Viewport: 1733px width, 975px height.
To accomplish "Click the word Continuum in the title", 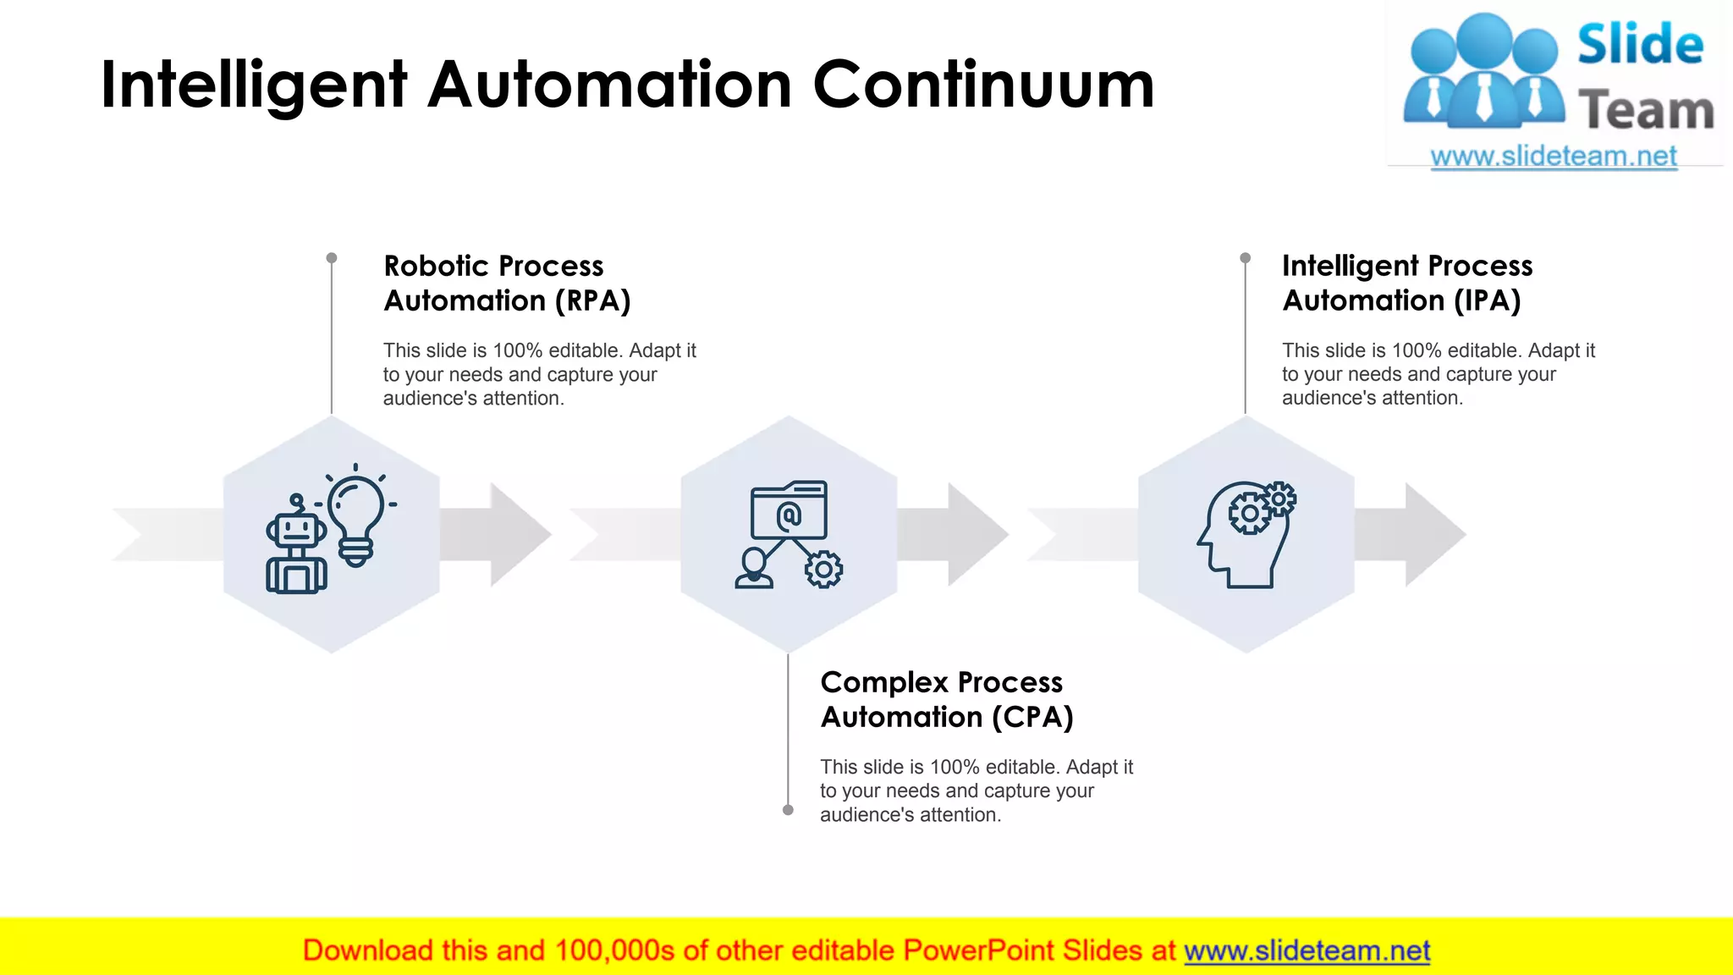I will click(x=983, y=85).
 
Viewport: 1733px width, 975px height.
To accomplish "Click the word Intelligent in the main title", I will click(x=254, y=85).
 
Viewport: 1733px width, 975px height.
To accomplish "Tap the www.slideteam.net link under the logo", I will click(x=1554, y=157).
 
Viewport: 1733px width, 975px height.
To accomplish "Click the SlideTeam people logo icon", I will click(x=1483, y=72).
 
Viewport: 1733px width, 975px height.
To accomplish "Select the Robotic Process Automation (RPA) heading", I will click(x=507, y=284).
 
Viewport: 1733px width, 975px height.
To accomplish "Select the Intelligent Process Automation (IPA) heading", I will click(x=1406, y=284).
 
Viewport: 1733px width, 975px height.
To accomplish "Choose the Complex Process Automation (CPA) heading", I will click(x=946, y=700).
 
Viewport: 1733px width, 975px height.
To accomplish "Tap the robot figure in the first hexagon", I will click(x=296, y=547).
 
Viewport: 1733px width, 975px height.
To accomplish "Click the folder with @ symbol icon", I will click(x=789, y=510).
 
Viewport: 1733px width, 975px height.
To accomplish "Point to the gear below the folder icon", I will click(x=823, y=570).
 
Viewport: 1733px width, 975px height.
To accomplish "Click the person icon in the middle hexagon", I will click(x=753, y=568).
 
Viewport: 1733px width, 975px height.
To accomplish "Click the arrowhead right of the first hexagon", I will click(x=518, y=534).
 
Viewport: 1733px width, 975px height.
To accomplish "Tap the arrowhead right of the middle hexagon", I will click(x=976, y=534).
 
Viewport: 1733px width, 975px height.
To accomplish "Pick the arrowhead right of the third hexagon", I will click(x=1433, y=534).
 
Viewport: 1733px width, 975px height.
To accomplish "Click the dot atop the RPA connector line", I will click(x=332, y=258).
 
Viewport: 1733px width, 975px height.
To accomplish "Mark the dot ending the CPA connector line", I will click(x=788, y=810).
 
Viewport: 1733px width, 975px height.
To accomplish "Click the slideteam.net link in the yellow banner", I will click(x=1307, y=951).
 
